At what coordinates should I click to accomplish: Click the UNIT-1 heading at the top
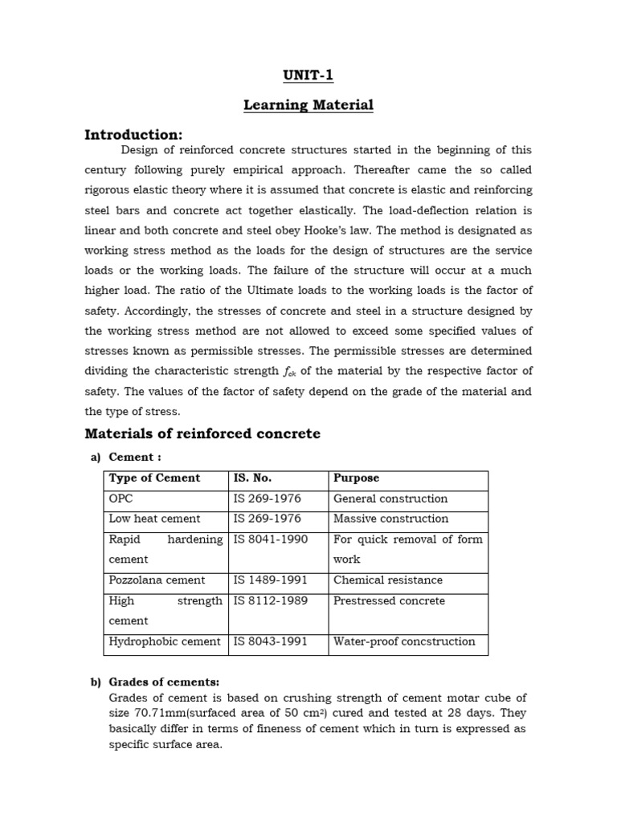pyautogui.click(x=308, y=76)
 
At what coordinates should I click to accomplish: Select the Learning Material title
pyautogui.click(x=308, y=105)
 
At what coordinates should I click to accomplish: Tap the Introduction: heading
pyautogui.click(x=133, y=134)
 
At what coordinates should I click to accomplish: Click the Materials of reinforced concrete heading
pyautogui.click(x=202, y=433)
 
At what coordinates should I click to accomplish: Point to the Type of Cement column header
pyautogui.click(x=154, y=478)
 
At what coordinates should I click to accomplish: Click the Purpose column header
pyautogui.click(x=356, y=478)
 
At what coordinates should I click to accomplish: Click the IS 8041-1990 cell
pyautogui.click(x=270, y=539)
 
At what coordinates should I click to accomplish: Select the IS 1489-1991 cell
pyautogui.click(x=270, y=580)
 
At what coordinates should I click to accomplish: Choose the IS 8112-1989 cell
pyautogui.click(x=270, y=600)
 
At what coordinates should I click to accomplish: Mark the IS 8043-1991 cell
pyautogui.click(x=270, y=641)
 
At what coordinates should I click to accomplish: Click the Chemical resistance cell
pyautogui.click(x=387, y=580)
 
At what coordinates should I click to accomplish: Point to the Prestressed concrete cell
pyautogui.click(x=388, y=600)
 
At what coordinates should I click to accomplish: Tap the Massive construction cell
pyautogui.click(x=390, y=519)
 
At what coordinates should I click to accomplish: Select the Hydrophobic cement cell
pyautogui.click(x=164, y=641)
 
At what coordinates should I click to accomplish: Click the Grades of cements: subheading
pyautogui.click(x=158, y=682)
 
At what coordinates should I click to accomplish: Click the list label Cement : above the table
pyautogui.click(x=135, y=457)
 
